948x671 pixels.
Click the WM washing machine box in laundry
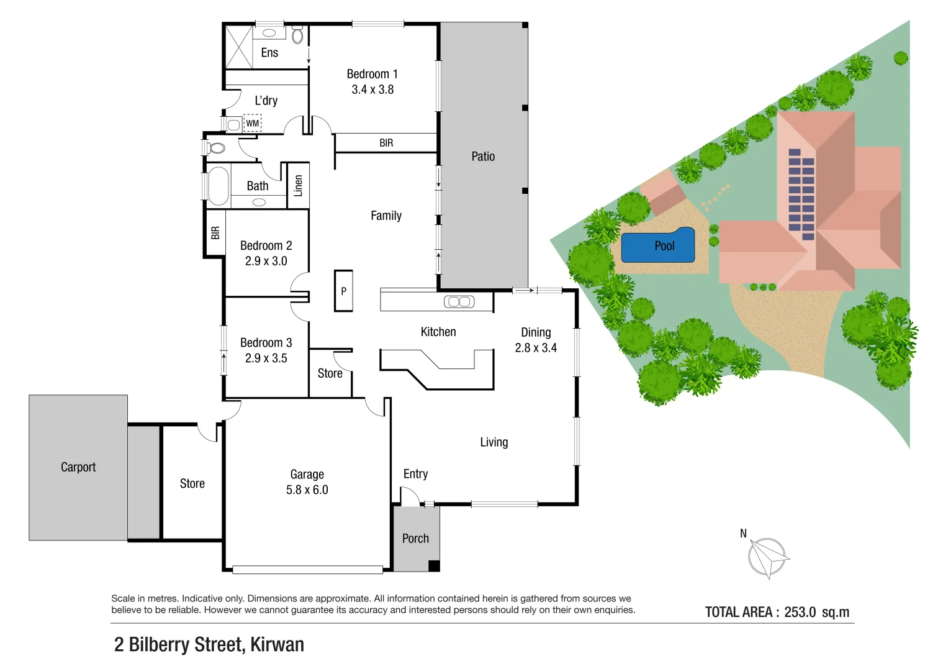click(x=252, y=123)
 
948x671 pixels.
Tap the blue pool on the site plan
click(x=657, y=245)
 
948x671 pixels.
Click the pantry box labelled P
click(x=344, y=291)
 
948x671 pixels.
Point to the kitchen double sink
click(x=459, y=301)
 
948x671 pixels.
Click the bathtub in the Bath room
click(x=219, y=186)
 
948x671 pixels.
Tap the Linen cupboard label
click(x=299, y=186)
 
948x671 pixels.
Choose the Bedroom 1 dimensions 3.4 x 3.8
click(x=372, y=89)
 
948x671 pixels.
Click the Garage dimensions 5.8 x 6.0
click(x=307, y=490)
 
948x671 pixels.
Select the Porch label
click(x=415, y=539)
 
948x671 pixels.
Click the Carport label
click(x=78, y=467)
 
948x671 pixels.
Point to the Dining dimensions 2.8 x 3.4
click(x=536, y=348)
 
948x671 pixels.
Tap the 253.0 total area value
click(x=800, y=612)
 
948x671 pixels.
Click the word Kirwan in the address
click(x=278, y=645)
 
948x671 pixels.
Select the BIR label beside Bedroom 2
click(x=215, y=232)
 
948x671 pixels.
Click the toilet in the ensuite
click(x=297, y=34)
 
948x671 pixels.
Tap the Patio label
click(x=483, y=157)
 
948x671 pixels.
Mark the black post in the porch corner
click(x=434, y=566)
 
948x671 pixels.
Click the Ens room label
click(x=269, y=53)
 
